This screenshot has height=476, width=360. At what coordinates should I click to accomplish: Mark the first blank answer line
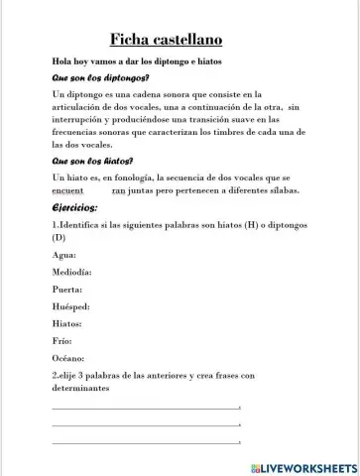pos(146,408)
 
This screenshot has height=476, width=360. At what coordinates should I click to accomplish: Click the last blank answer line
pos(146,440)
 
